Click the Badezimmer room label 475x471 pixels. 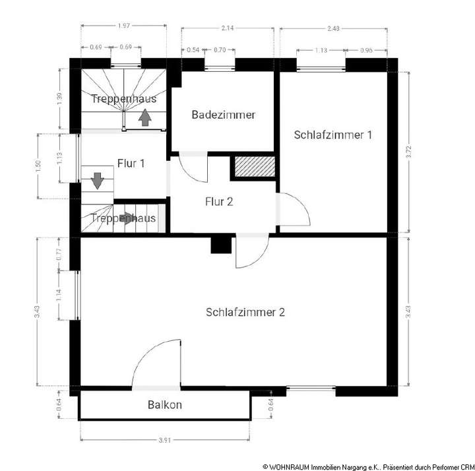point(223,115)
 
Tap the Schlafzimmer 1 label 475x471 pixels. point(332,135)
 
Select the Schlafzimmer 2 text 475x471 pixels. point(245,313)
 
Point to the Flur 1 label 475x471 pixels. point(131,163)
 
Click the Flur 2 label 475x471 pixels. point(218,202)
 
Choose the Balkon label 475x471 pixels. point(165,405)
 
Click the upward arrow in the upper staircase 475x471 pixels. point(145,118)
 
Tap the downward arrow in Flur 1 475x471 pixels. point(97,180)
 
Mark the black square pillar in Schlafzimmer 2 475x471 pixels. point(220,245)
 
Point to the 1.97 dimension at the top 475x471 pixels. point(123,26)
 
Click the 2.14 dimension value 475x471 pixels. point(228,28)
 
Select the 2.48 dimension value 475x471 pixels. point(334,28)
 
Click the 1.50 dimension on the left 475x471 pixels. point(38,166)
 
